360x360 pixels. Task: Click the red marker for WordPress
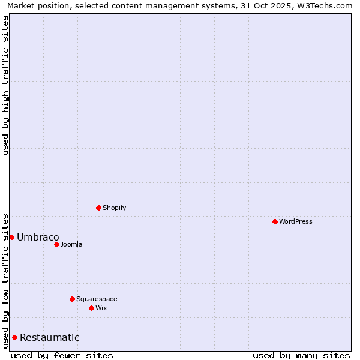(275, 221)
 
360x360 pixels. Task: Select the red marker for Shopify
(98, 208)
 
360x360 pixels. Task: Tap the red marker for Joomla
(56, 244)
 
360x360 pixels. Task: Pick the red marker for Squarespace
(72, 299)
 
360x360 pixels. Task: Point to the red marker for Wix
(91, 308)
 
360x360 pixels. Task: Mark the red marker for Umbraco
(11, 237)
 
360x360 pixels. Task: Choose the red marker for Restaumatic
(14, 337)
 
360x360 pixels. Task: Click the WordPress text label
(296, 221)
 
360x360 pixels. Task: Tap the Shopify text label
(114, 208)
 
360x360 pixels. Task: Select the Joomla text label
(71, 244)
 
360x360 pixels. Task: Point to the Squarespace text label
(97, 299)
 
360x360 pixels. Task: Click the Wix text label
(101, 308)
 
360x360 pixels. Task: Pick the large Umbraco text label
(38, 237)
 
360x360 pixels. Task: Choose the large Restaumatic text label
(49, 337)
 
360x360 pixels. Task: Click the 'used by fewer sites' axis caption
(62, 355)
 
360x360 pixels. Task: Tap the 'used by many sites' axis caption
(301, 355)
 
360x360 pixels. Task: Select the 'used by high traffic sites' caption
(5, 85)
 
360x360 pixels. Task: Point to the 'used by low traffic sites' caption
(5, 280)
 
